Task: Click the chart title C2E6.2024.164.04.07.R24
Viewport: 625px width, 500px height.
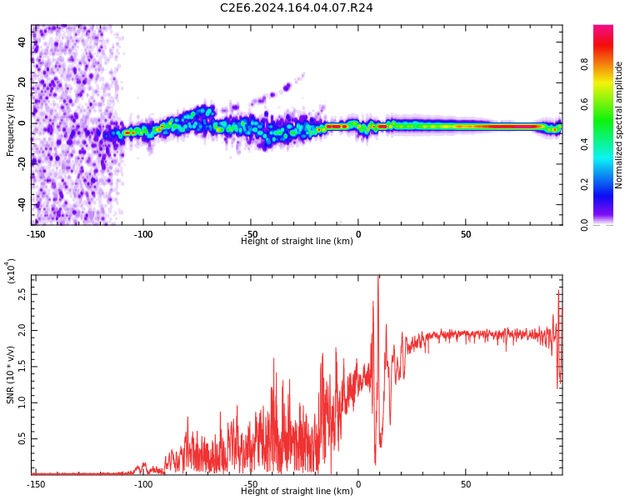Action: tap(296, 8)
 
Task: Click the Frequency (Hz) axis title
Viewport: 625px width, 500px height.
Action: tap(11, 125)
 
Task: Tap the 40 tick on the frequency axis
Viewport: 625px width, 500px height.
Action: tap(22, 42)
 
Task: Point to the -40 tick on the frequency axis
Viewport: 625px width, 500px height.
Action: tap(21, 204)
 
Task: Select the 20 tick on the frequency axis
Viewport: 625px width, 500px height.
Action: tap(22, 82)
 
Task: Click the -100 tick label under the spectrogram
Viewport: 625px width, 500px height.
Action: tap(143, 234)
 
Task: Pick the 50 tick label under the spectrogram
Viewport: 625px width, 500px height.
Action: tap(466, 234)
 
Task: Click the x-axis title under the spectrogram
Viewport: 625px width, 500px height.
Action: tap(297, 242)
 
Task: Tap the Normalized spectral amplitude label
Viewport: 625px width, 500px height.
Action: tap(619, 125)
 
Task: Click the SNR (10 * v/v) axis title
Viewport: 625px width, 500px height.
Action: tap(11, 375)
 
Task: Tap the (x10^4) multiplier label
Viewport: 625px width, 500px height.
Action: tap(11, 272)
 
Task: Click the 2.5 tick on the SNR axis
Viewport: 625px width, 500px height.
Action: tap(21, 295)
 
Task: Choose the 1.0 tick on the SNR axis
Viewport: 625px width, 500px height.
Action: tap(21, 402)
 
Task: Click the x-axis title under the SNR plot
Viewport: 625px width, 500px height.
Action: tap(297, 492)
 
